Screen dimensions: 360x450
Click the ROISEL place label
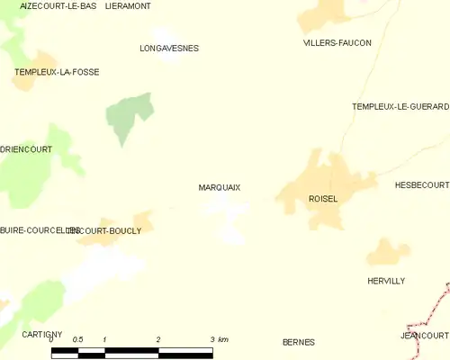(322, 199)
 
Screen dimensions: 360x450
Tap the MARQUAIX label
(219, 187)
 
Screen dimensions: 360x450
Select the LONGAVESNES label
(169, 48)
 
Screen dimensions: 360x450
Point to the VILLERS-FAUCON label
(337, 42)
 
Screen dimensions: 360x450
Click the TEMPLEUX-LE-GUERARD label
(400, 106)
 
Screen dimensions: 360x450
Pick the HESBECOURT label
(421, 184)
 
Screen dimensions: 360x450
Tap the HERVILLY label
(386, 281)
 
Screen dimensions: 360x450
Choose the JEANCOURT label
(424, 335)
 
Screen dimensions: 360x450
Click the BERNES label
(298, 342)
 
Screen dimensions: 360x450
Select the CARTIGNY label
(41, 334)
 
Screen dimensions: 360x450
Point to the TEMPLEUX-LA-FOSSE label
(57, 71)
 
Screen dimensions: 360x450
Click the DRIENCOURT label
(26, 148)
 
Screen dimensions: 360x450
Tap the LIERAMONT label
(128, 5)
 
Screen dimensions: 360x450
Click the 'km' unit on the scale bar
(223, 339)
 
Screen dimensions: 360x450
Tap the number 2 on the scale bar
(158, 339)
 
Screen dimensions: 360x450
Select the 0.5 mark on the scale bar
(78, 339)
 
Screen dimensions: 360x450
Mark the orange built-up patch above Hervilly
(388, 252)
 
